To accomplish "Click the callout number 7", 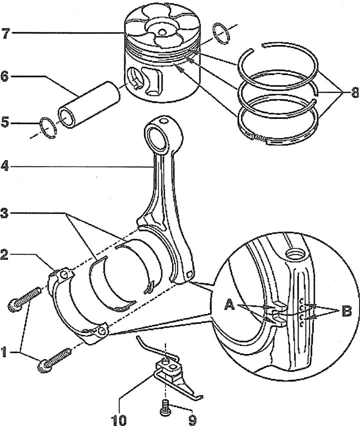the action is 6,33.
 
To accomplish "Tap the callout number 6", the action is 5,76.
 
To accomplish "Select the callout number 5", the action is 5,122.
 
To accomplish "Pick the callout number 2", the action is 4,255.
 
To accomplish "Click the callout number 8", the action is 354,92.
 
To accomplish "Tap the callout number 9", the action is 192,420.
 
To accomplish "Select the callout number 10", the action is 119,420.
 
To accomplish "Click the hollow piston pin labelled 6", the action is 88,104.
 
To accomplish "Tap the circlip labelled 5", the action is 48,127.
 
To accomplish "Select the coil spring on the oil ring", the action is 260,138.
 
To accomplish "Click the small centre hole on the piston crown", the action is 162,32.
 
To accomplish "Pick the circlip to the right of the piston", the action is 221,33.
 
